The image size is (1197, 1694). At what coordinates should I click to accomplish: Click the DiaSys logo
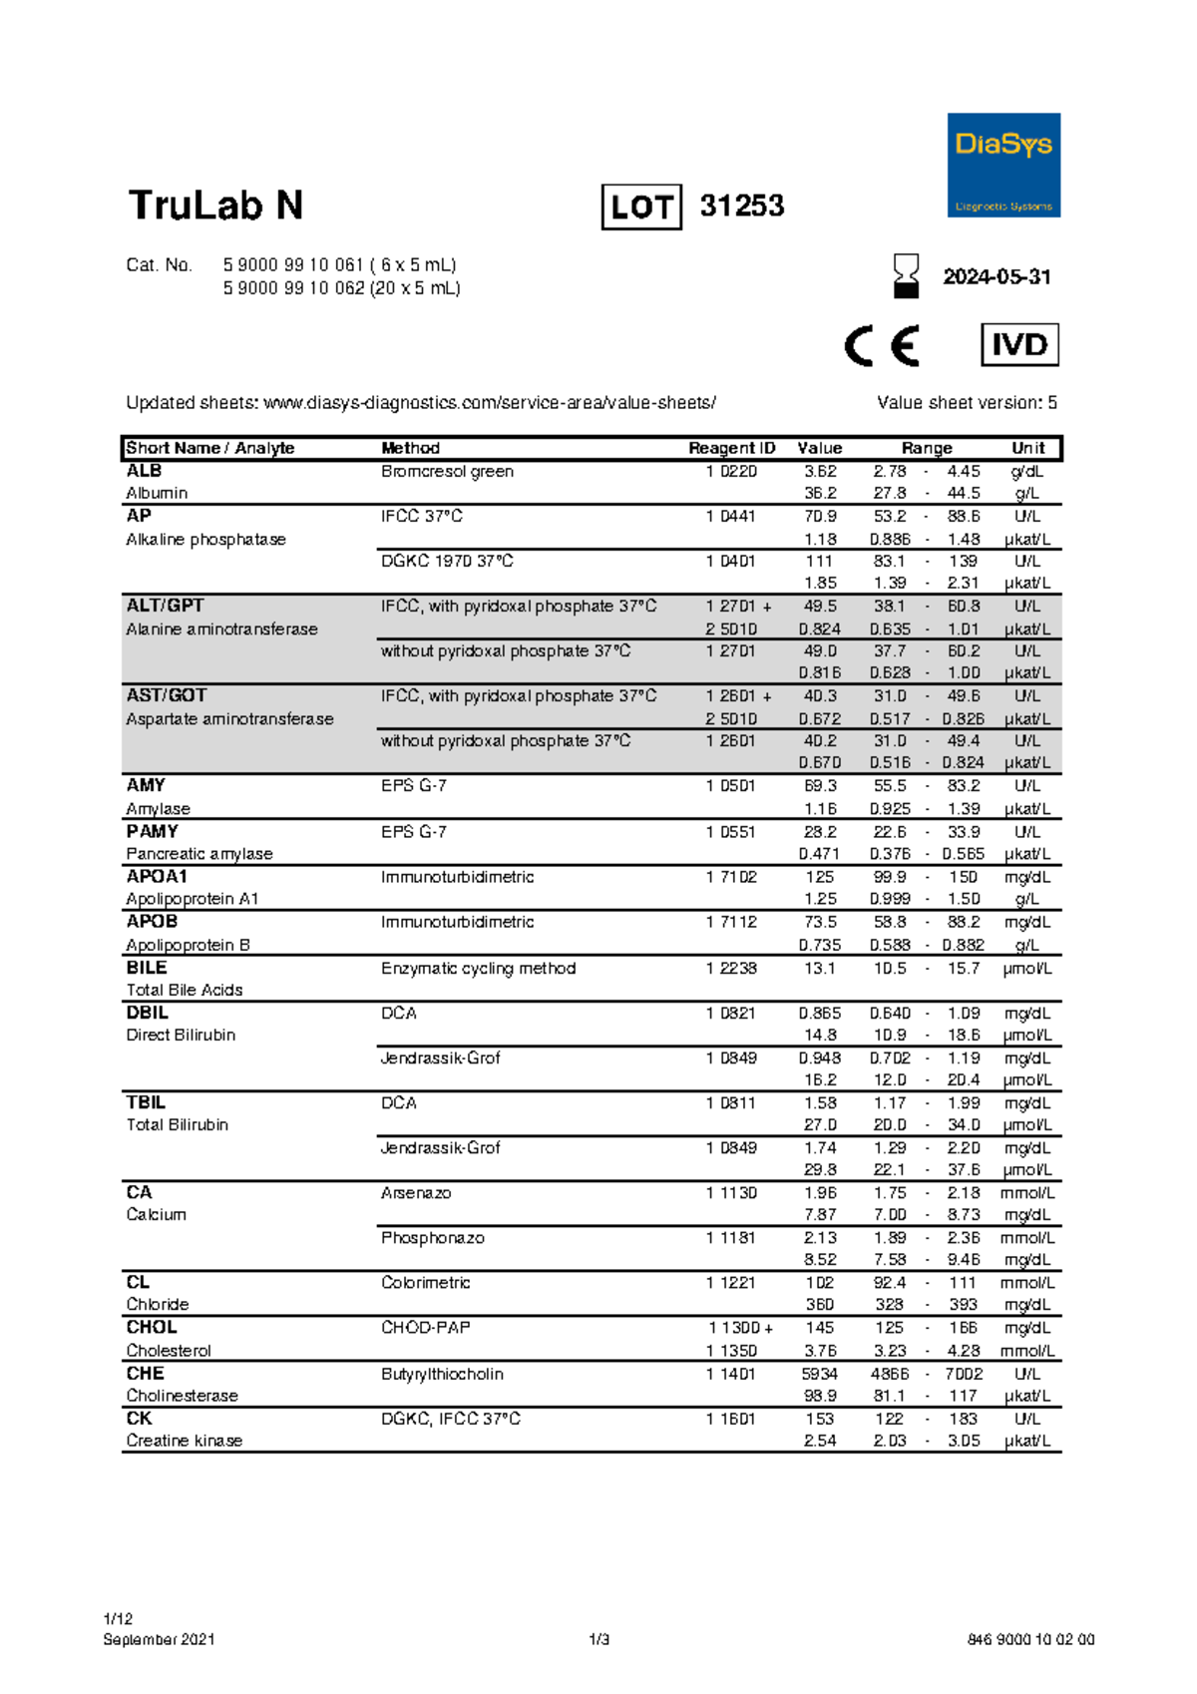(x=1002, y=165)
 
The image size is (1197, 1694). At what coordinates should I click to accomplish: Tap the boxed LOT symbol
(x=641, y=208)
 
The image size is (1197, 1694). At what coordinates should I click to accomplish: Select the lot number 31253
(x=742, y=206)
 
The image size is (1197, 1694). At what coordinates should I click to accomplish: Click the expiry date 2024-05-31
(x=997, y=277)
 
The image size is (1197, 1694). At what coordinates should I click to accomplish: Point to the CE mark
(x=882, y=346)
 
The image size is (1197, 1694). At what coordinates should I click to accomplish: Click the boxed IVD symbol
(x=1019, y=345)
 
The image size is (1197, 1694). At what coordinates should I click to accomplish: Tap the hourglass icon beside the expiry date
(x=906, y=275)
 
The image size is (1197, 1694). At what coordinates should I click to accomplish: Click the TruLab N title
(x=215, y=206)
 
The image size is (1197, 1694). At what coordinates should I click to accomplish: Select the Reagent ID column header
(x=731, y=448)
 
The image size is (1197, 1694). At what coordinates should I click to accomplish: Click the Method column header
(x=410, y=448)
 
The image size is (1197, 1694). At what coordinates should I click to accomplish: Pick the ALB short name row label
(x=144, y=471)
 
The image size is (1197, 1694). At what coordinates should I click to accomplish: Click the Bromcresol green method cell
(x=447, y=471)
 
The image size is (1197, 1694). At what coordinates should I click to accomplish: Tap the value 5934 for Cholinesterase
(x=819, y=1374)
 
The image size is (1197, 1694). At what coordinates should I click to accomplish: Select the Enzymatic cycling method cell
(x=478, y=968)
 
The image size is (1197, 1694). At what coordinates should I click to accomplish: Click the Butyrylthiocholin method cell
(x=442, y=1374)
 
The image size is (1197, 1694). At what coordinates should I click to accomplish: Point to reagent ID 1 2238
(x=731, y=968)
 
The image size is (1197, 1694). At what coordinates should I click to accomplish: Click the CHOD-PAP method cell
(x=425, y=1328)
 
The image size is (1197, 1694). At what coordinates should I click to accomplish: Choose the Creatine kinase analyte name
(x=184, y=1441)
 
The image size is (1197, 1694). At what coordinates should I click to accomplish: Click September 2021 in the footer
(x=159, y=1639)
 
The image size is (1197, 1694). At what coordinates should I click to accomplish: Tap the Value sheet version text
(x=967, y=403)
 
